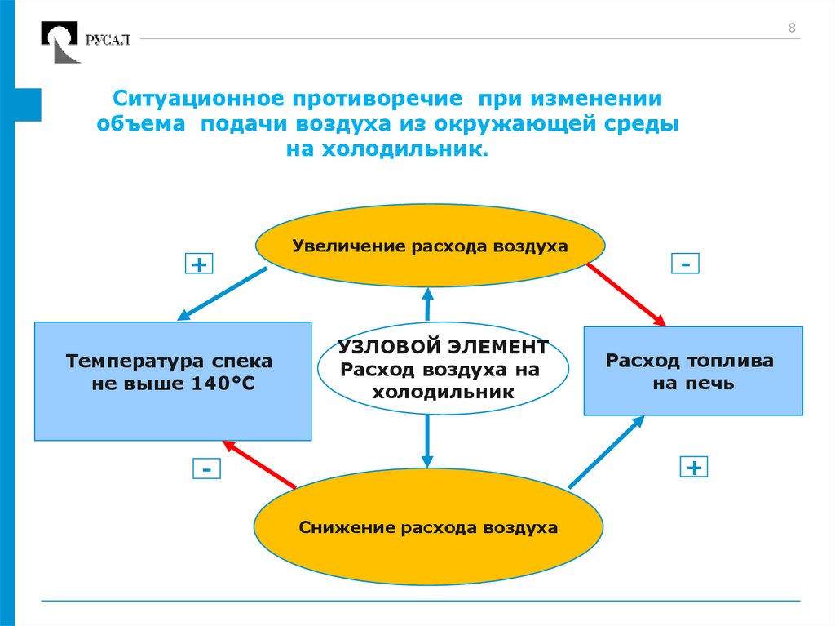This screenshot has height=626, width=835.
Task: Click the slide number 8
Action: pyautogui.click(x=791, y=29)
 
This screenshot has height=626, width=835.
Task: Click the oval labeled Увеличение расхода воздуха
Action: pyautogui.click(x=431, y=246)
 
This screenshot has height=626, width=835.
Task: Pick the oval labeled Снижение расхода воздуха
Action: pyautogui.click(x=428, y=527)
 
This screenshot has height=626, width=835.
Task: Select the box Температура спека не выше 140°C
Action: pyautogui.click(x=173, y=381)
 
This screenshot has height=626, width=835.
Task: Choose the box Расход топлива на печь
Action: pyautogui.click(x=693, y=371)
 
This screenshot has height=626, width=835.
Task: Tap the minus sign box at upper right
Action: pyautogui.click(x=686, y=264)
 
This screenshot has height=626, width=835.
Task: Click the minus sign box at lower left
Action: pyautogui.click(x=207, y=470)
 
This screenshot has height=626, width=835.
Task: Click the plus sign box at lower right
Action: pyautogui.click(x=694, y=467)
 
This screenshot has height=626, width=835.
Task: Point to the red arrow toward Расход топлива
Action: pyautogui.click(x=625, y=292)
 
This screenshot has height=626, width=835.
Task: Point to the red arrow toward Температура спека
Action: pyautogui.click(x=258, y=464)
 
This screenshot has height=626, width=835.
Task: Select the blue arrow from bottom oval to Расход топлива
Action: pyautogui.click(x=606, y=452)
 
